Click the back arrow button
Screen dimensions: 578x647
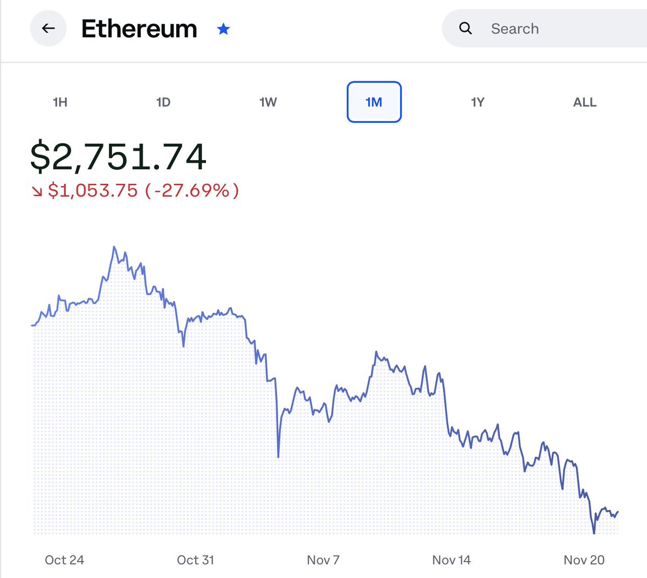[x=49, y=29]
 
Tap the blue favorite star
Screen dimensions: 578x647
[x=223, y=29]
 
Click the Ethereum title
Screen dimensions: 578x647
[x=139, y=29]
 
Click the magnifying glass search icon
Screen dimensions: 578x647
[x=465, y=29]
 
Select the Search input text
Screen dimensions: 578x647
[x=515, y=29]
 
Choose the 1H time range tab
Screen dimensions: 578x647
[x=60, y=102]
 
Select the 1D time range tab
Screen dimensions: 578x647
[x=163, y=102]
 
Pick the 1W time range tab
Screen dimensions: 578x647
[x=268, y=102]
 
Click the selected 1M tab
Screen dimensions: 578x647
[x=374, y=102]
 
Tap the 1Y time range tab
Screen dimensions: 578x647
[x=478, y=102]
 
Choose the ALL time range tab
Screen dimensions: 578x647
[x=584, y=102]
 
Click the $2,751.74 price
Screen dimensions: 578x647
[x=118, y=157]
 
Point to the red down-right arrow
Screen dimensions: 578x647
[x=37, y=191]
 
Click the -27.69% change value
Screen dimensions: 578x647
[x=192, y=190]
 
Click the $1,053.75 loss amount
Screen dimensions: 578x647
[x=93, y=190]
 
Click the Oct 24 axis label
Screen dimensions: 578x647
[x=64, y=560]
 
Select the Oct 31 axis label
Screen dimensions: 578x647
[x=195, y=560]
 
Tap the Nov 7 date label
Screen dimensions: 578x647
[x=323, y=560]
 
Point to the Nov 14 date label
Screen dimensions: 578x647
[x=451, y=560]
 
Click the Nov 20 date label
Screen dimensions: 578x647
[x=584, y=560]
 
